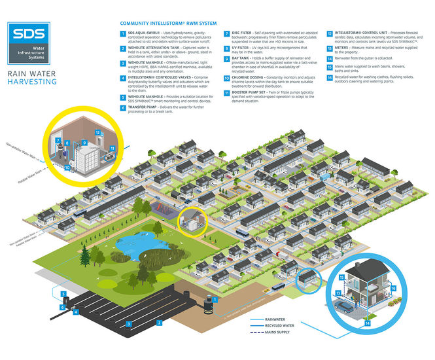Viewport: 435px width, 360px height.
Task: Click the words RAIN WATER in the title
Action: click(30, 74)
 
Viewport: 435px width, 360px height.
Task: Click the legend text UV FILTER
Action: click(244, 48)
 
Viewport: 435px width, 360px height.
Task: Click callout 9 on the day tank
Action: click(85, 142)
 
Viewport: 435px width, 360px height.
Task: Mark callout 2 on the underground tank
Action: click(159, 323)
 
